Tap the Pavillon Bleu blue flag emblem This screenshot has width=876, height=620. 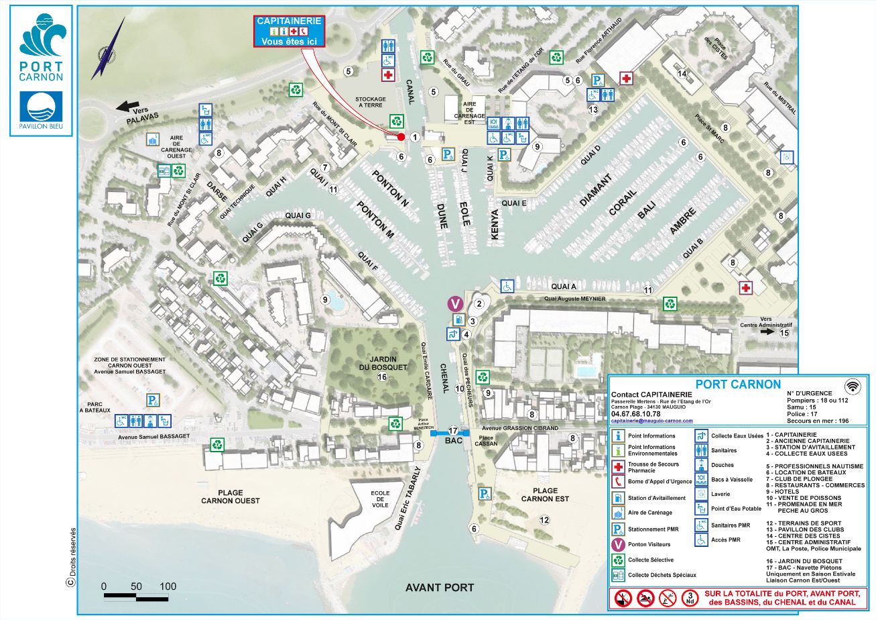(41, 109)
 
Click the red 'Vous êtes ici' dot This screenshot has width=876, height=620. (401, 137)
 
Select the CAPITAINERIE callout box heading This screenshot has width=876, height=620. (289, 21)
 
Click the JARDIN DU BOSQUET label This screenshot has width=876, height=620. (382, 362)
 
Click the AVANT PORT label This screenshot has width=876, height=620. (440, 588)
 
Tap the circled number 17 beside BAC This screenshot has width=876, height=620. (453, 431)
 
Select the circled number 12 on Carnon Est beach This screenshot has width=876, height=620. (544, 519)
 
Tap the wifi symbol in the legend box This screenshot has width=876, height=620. (853, 386)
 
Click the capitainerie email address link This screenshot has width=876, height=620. (651, 421)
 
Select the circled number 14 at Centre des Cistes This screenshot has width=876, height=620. (682, 73)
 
